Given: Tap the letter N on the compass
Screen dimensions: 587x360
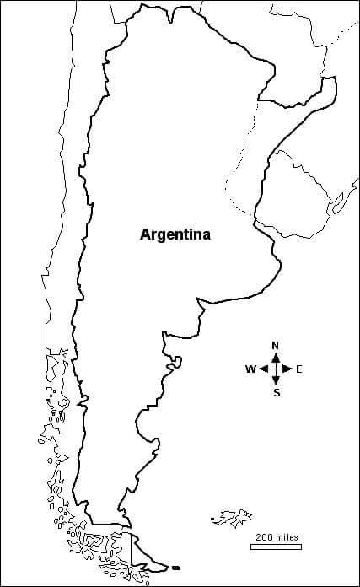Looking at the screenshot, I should tap(276, 346).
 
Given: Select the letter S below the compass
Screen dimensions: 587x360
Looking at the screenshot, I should tap(277, 391).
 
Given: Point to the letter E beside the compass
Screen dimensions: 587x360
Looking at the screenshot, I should tap(299, 369).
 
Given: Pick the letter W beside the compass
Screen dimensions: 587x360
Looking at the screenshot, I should tap(250, 369).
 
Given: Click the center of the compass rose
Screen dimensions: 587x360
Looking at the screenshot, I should tap(277, 369).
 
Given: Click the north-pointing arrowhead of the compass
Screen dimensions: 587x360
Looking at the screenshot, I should tap(277, 356).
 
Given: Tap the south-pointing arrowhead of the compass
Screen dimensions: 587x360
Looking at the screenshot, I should tap(277, 381).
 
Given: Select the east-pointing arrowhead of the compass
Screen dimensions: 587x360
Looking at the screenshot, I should tap(289, 369).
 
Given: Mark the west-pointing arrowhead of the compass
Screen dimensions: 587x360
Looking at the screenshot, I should tap(263, 369).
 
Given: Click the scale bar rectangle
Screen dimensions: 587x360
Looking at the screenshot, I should tap(276, 547).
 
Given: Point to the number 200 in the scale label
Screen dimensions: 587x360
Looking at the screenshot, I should tap(264, 537).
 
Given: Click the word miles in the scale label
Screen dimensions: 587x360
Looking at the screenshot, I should tap(286, 537).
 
